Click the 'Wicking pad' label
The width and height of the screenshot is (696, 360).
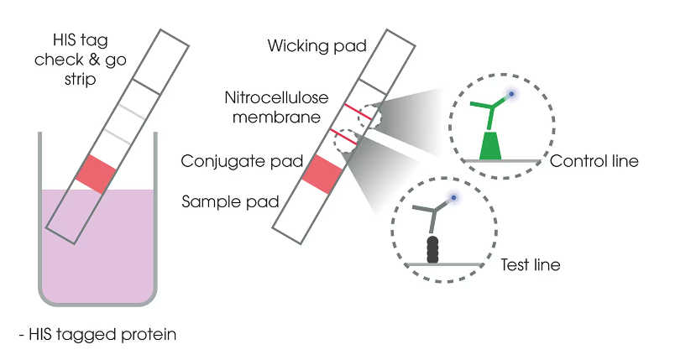coord(317,45)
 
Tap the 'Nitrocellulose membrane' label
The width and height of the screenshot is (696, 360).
coord(272,107)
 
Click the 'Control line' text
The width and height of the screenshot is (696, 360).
coord(594,160)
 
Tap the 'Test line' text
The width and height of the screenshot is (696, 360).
coord(530,265)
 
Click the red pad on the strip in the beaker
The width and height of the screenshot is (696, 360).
coord(95,174)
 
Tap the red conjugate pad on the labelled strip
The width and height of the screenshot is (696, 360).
coord(322,174)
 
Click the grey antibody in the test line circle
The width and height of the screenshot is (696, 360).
coord(435,219)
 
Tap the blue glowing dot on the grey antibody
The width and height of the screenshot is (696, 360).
coord(454,198)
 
